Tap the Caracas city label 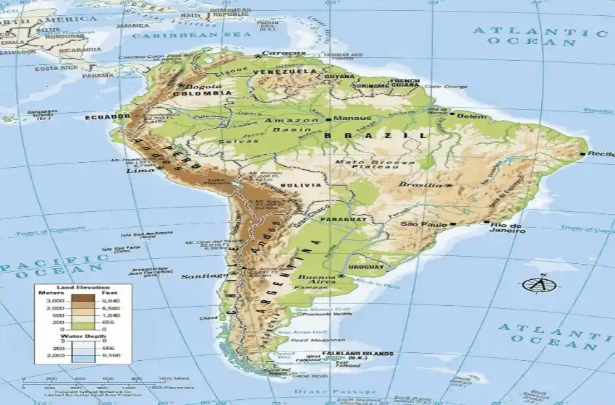tap(279, 53)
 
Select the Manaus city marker tap(328, 119)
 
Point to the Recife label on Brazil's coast tap(601, 154)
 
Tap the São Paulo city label tap(425, 224)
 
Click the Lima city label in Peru tap(136, 171)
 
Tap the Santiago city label tap(203, 276)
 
